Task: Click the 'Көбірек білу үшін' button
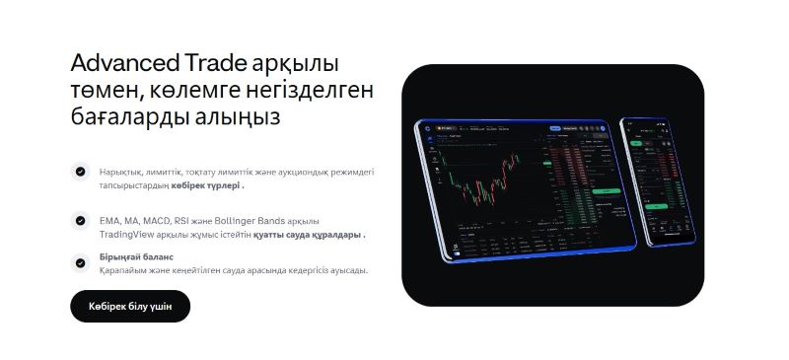(x=130, y=307)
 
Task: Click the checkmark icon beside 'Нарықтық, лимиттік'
(x=80, y=171)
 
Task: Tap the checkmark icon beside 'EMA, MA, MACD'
(x=80, y=220)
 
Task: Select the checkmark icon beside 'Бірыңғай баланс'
(x=80, y=262)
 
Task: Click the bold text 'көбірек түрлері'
(x=205, y=185)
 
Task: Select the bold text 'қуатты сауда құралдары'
(x=308, y=235)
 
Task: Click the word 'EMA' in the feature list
(x=108, y=221)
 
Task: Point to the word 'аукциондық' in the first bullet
(x=303, y=172)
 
